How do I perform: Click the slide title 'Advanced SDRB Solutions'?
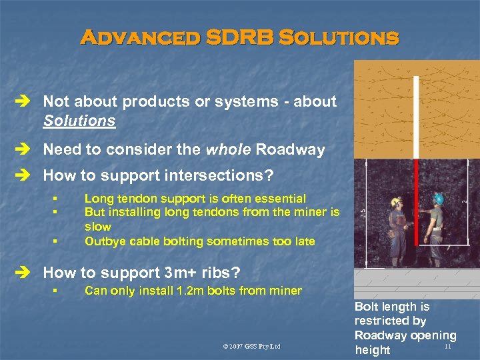point(239,37)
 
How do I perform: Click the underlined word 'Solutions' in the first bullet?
point(79,121)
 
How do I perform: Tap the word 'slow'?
point(99,227)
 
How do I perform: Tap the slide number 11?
point(447,346)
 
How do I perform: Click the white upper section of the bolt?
point(416,117)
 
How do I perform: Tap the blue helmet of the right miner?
point(438,199)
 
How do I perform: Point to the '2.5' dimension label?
point(362,212)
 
